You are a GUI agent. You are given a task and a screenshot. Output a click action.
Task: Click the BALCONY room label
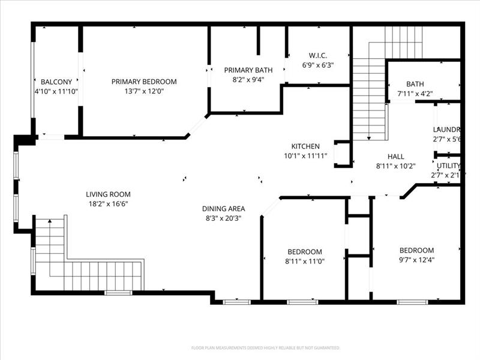pyautogui.click(x=56, y=82)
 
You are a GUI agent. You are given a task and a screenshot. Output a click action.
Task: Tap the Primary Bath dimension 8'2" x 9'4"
pyautogui.click(x=244, y=79)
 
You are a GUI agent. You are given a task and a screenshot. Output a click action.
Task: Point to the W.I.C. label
pyautogui.click(x=317, y=56)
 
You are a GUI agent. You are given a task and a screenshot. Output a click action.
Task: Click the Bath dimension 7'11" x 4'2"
pyautogui.click(x=415, y=94)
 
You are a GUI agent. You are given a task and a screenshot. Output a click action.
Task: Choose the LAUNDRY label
pyautogui.click(x=446, y=130)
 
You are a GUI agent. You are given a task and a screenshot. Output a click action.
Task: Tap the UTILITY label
pyautogui.click(x=448, y=166)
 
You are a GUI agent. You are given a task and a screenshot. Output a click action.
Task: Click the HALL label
pyautogui.click(x=396, y=156)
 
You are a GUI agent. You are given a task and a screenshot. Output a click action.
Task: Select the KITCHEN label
pyautogui.click(x=305, y=146)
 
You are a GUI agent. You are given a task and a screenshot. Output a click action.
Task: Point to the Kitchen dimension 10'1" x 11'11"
pyautogui.click(x=305, y=155)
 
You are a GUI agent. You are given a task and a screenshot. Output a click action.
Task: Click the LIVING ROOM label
pyautogui.click(x=108, y=194)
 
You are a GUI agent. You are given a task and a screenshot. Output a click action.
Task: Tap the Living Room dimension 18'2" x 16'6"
pyautogui.click(x=108, y=203)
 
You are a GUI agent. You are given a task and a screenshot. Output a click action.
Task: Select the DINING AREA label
pyautogui.click(x=223, y=209)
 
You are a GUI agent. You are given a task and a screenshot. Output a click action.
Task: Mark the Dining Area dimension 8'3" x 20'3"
pyautogui.click(x=223, y=218)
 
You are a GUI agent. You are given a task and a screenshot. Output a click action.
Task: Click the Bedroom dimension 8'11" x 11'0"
pyautogui.click(x=305, y=261)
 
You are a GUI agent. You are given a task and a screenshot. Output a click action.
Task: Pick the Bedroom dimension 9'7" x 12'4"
pyautogui.click(x=416, y=260)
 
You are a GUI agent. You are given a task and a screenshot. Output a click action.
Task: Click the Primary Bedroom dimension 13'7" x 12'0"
pyautogui.click(x=144, y=91)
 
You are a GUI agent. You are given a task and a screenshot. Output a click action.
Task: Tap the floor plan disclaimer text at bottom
pyautogui.click(x=266, y=348)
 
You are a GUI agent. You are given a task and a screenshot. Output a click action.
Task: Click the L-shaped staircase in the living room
pyautogui.click(x=84, y=264)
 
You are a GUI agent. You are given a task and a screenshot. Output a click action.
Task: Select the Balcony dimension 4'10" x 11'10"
pyautogui.click(x=56, y=91)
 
